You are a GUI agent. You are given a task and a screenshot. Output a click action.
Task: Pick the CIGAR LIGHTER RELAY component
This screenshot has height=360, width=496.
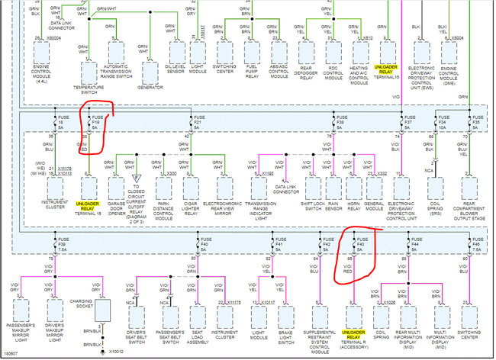(x=192, y=187)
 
